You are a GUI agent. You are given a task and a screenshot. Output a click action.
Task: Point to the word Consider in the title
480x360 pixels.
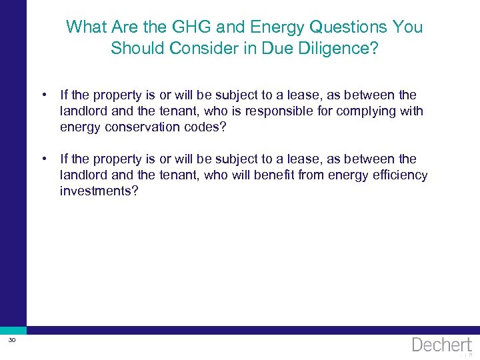point(196,49)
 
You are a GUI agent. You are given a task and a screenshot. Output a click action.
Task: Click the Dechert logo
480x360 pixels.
point(442,345)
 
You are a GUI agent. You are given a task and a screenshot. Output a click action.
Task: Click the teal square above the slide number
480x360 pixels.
point(13,330)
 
